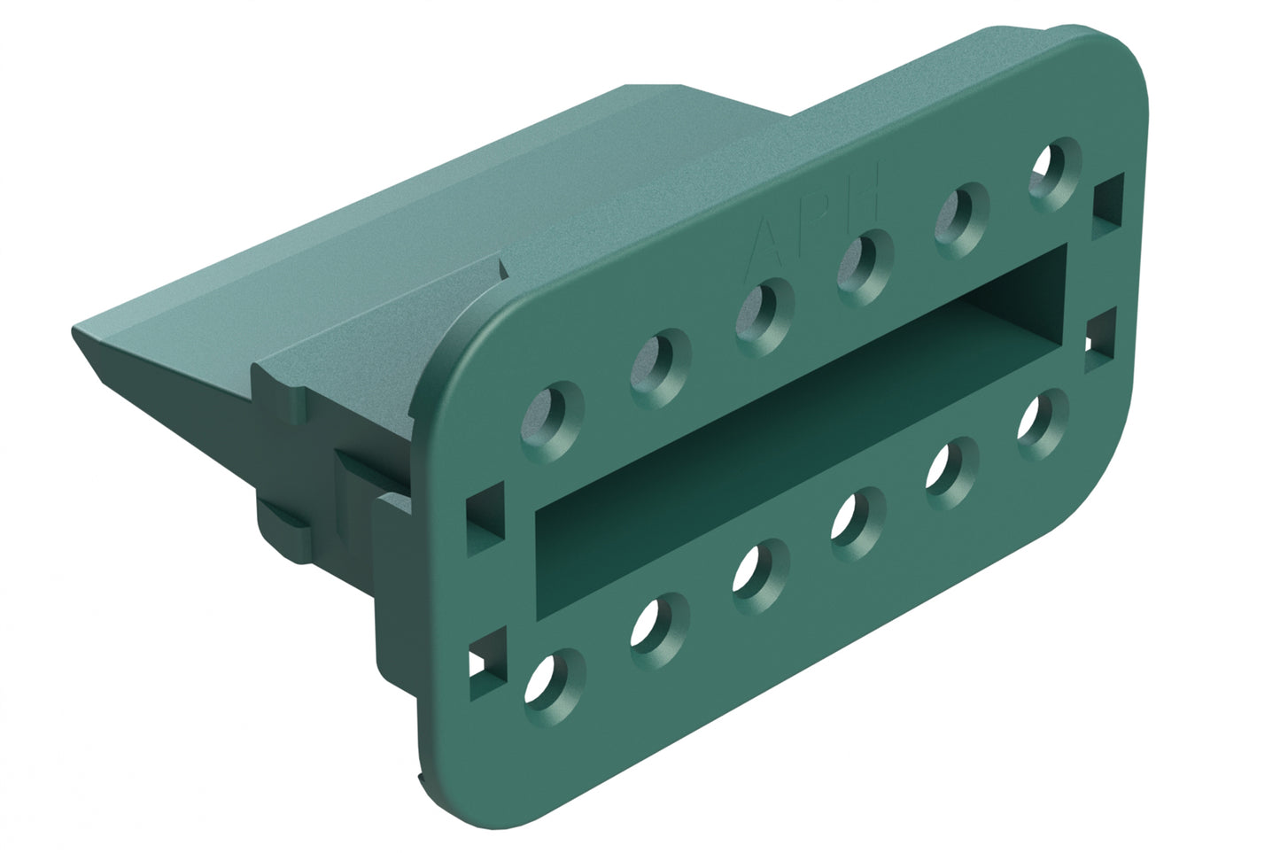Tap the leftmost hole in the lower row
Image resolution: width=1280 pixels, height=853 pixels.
(555, 683)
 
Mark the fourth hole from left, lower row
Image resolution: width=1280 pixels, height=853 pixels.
(857, 516)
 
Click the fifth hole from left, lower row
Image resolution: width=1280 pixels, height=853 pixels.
(952, 462)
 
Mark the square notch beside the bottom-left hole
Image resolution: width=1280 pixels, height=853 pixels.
(484, 659)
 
